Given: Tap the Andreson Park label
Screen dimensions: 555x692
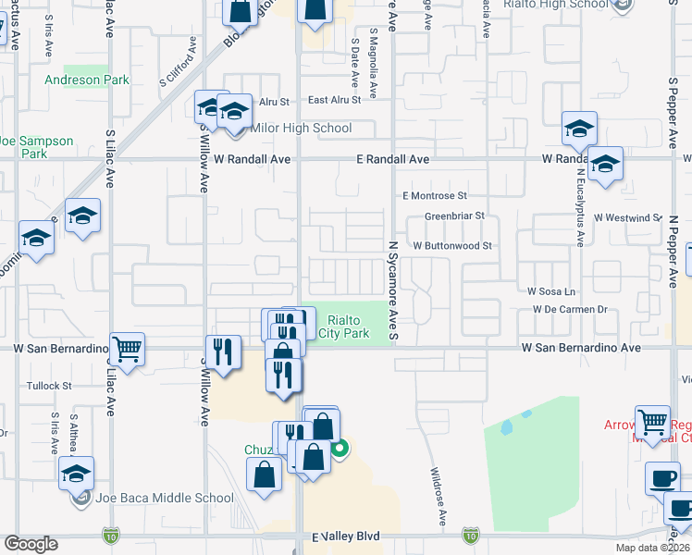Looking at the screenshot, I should coord(87,80).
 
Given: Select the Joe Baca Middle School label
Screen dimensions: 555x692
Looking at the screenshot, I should coord(165,498).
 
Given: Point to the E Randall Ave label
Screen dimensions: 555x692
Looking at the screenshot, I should coord(393,160).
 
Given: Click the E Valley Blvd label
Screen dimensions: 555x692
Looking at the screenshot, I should coord(346,536).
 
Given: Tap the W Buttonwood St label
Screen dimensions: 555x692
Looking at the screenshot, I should coord(451,246).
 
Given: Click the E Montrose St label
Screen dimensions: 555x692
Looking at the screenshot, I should coord(434,196).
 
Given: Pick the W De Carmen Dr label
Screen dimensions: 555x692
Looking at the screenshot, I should coord(569,310).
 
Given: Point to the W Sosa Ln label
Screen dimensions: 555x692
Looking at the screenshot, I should coord(551,291).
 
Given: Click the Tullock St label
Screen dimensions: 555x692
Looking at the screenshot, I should coord(49,386).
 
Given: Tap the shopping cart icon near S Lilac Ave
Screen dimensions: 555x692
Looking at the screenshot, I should coord(128,349).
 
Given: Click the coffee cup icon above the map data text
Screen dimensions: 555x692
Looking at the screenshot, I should coord(661,478).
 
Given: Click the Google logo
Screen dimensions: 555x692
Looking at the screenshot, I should coord(31,544).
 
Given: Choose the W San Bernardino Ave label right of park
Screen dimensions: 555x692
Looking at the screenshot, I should coord(581,348).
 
